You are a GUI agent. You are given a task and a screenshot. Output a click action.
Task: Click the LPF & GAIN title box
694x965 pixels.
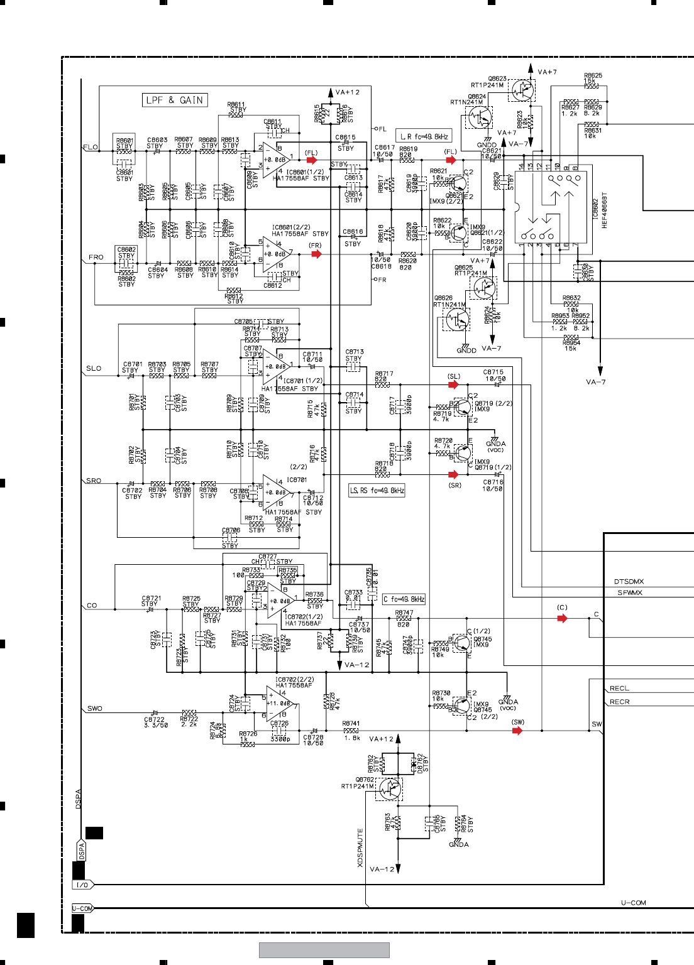[x=175, y=100]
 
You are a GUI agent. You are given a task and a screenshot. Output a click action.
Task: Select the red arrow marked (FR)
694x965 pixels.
[x=316, y=254]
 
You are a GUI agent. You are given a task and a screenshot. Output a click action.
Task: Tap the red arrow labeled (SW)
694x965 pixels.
[x=517, y=730]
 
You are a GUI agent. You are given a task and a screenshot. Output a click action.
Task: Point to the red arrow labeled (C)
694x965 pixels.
[x=562, y=618]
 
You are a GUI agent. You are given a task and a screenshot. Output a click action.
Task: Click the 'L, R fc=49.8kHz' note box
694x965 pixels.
[x=424, y=136]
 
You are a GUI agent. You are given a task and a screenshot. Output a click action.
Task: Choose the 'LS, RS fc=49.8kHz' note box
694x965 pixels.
[x=377, y=490]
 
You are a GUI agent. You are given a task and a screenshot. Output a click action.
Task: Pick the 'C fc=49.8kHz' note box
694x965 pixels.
[x=404, y=599]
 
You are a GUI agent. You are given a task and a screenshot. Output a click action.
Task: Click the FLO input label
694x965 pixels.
[x=91, y=147]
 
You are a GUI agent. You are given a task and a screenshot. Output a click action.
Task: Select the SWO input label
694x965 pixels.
[x=95, y=708]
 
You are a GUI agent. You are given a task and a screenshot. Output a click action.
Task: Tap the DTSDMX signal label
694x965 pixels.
[x=629, y=582]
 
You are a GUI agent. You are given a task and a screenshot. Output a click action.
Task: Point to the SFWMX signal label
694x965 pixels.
[x=629, y=592]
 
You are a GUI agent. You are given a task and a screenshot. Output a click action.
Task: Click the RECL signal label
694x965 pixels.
[x=619, y=689]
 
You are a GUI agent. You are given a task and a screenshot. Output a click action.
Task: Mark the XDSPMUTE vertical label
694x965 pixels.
[x=360, y=848]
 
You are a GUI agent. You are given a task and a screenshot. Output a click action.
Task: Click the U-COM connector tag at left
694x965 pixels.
[x=82, y=908]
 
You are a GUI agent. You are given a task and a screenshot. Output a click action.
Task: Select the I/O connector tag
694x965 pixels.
[x=83, y=885]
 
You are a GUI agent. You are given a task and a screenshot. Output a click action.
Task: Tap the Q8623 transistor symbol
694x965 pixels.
[x=522, y=90]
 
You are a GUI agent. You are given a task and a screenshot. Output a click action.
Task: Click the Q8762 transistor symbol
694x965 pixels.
[x=390, y=788]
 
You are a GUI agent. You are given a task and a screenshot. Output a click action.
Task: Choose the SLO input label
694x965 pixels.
[x=94, y=368]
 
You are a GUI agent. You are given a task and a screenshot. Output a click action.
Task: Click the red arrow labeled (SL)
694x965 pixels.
[x=453, y=384]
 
